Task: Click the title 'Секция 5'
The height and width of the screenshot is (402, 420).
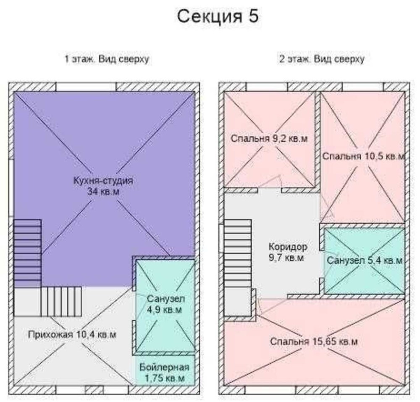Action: [218, 16]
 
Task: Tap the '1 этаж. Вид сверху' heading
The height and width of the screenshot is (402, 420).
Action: [107, 59]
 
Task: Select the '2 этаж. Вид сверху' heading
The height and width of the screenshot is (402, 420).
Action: [322, 59]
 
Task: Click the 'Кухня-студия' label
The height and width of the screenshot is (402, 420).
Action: [103, 180]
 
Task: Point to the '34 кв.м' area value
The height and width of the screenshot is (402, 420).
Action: [103, 191]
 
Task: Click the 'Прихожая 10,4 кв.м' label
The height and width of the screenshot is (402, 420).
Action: [72, 335]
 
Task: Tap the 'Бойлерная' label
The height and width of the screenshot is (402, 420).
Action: [165, 367]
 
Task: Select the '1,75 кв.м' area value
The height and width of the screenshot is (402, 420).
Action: [165, 378]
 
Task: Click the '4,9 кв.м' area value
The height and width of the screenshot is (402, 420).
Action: [165, 309]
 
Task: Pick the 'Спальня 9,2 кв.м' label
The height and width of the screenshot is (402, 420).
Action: [269, 139]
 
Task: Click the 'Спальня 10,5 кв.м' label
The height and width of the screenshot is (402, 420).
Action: [363, 156]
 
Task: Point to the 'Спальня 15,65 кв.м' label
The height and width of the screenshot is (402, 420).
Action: [314, 342]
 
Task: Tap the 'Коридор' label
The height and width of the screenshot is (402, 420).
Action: [288, 247]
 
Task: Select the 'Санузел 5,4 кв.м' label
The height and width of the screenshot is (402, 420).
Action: [365, 260]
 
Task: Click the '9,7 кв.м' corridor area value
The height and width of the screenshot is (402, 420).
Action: [286, 258]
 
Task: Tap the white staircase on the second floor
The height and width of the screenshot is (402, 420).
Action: [238, 254]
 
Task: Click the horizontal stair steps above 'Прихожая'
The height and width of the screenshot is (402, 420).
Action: [61, 301]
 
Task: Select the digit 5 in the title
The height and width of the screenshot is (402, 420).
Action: [254, 16]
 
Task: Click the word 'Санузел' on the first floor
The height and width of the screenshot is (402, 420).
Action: [166, 299]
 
